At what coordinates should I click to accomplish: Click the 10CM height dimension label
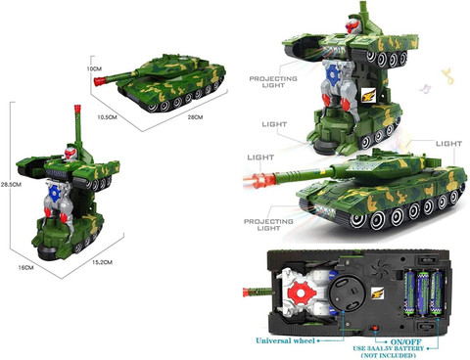point(94,68)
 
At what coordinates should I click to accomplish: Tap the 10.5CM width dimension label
point(107,117)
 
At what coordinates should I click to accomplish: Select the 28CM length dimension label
point(195,117)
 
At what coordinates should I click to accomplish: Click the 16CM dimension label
point(25,267)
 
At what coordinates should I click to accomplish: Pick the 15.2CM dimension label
point(102,262)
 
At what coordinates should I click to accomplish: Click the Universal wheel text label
point(285,340)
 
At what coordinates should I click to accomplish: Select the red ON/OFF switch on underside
point(373,329)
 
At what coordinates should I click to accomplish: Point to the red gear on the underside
point(302,293)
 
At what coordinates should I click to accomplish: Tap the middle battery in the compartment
point(423,293)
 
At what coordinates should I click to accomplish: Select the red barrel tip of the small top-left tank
point(99,81)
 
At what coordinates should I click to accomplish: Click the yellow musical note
point(447,75)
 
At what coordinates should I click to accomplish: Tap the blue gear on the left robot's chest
point(54,193)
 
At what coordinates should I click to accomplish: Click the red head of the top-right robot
point(352,24)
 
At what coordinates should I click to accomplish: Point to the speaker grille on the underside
point(380,269)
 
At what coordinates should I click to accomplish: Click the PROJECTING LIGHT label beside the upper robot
point(273,82)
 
